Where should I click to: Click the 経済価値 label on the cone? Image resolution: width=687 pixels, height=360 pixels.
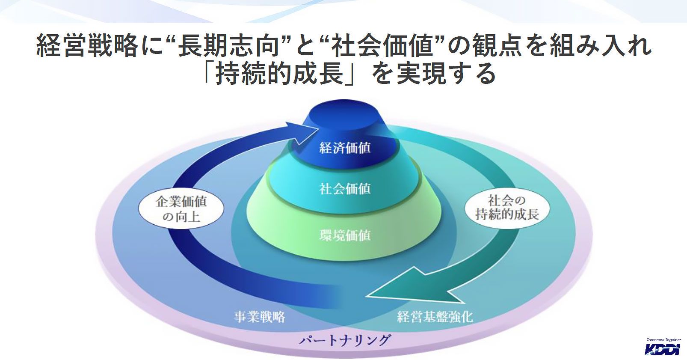tap(345, 148)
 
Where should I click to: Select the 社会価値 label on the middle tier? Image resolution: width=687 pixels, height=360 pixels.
tap(345, 189)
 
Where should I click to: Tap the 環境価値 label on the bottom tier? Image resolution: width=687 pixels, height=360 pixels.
tap(345, 235)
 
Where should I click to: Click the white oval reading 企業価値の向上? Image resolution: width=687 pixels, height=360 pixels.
tap(181, 209)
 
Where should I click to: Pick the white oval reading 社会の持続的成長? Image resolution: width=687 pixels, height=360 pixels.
tap(507, 207)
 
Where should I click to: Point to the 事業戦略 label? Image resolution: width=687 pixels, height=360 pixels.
tap(260, 317)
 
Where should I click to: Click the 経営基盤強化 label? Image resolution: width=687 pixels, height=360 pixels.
tap(435, 317)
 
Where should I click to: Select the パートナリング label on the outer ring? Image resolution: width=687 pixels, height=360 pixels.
tap(344, 341)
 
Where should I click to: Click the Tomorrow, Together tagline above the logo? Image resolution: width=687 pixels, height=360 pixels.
tap(663, 339)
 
